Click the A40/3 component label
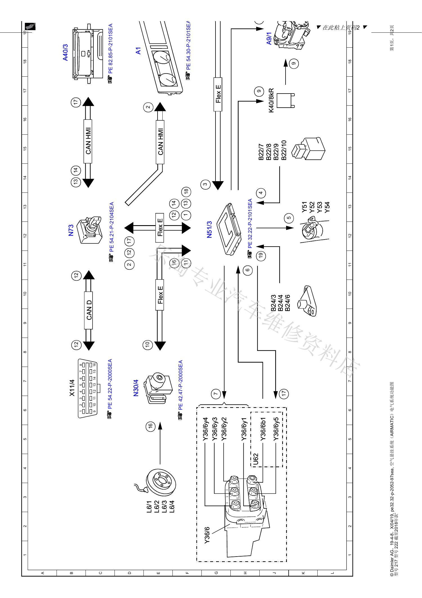65,52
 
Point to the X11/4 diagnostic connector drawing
87,388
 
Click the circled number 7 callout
216,394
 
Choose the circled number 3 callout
206,185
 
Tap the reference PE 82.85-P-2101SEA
110,48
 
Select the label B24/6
287,303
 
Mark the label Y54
327,207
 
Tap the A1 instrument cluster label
138,51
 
